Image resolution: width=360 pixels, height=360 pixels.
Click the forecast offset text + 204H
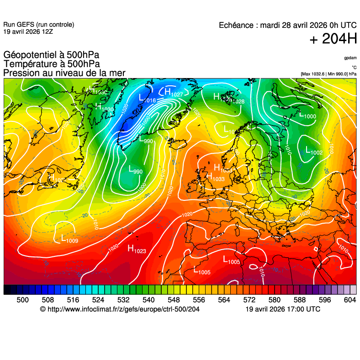click(x=333, y=40)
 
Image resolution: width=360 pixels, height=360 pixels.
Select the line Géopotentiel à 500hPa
click(x=51, y=56)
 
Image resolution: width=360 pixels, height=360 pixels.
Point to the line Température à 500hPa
click(x=52, y=64)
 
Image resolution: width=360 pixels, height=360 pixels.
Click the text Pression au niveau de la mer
click(x=64, y=73)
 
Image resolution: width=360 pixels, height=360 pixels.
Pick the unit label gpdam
click(x=350, y=58)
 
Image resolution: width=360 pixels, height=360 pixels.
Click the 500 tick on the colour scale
click(x=23, y=300)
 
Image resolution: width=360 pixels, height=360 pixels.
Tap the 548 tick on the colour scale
click(x=174, y=300)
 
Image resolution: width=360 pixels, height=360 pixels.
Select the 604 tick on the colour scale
click(x=349, y=300)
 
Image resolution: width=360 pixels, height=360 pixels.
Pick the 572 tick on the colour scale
click(x=249, y=300)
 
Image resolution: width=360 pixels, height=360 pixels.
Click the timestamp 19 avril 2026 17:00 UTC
click(x=283, y=309)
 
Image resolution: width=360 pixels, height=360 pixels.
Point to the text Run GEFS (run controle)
click(x=38, y=25)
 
